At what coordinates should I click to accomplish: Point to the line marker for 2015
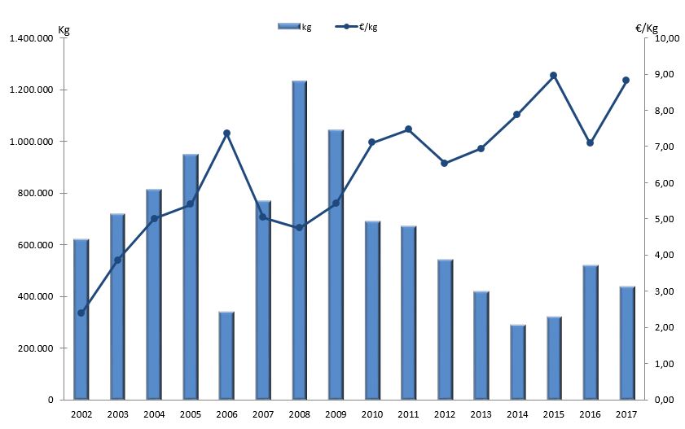point(554,76)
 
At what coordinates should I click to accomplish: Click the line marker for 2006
point(226,133)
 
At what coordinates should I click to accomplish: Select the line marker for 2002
point(81,313)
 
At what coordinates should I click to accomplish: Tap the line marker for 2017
point(626,80)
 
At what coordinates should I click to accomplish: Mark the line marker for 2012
point(445,164)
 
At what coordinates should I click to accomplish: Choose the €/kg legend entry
point(358,27)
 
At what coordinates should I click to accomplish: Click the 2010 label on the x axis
point(372,414)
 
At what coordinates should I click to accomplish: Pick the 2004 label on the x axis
point(154,414)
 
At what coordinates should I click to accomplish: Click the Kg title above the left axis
point(64,30)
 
